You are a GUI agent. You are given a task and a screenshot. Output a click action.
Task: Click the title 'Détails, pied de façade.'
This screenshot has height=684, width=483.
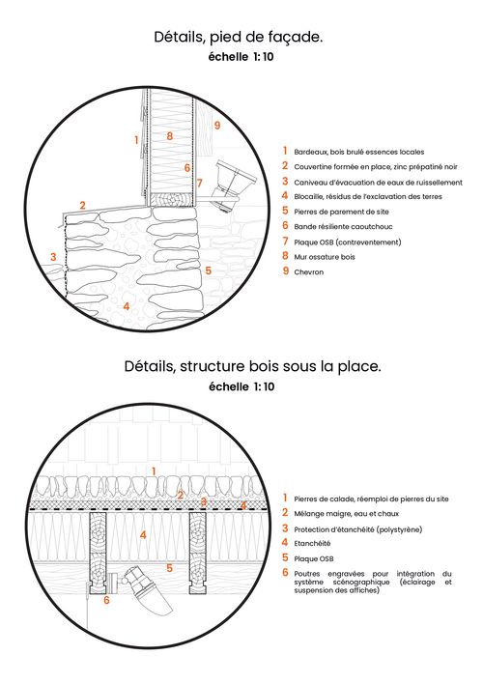pyautogui.click(x=239, y=38)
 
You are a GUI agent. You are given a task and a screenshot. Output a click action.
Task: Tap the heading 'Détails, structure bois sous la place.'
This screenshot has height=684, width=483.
pyautogui.click(x=253, y=366)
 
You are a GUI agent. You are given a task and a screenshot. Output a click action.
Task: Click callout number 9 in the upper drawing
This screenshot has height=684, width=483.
pyautogui.click(x=216, y=126)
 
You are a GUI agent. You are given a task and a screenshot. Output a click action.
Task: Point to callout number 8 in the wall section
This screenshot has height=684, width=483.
pyautogui.click(x=170, y=135)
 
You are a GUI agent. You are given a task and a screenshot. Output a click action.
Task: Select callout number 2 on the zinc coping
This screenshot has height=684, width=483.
pyautogui.click(x=82, y=205)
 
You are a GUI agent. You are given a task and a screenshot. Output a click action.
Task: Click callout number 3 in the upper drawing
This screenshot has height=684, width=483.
pyautogui.click(x=53, y=257)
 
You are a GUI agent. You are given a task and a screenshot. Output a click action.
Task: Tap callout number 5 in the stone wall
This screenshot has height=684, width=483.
pyautogui.click(x=209, y=271)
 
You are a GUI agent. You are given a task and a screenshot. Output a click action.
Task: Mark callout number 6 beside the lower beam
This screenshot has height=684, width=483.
pyautogui.click(x=106, y=600)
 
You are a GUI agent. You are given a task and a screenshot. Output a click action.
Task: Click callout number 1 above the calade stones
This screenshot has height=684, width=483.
pyautogui.click(x=154, y=471)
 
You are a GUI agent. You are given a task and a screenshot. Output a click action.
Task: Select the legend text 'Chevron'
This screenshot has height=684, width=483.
pyautogui.click(x=309, y=272)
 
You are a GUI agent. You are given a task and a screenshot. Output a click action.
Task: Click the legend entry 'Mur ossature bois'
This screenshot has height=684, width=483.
pyautogui.click(x=325, y=257)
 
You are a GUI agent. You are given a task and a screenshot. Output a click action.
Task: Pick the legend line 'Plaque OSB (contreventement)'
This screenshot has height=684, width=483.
pyautogui.click(x=348, y=242)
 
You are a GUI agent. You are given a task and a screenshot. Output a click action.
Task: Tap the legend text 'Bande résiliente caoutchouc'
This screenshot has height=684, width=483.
pyautogui.click(x=343, y=227)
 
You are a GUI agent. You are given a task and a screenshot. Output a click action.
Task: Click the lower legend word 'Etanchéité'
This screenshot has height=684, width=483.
pyautogui.click(x=312, y=544)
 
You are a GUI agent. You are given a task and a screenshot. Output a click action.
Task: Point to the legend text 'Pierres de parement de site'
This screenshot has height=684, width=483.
pyautogui.click(x=341, y=212)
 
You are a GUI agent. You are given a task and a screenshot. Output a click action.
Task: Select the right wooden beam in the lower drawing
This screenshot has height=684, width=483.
pyautogui.click(x=198, y=553)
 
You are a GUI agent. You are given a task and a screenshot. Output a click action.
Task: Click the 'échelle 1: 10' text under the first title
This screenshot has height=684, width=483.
pyautogui.click(x=241, y=57)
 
